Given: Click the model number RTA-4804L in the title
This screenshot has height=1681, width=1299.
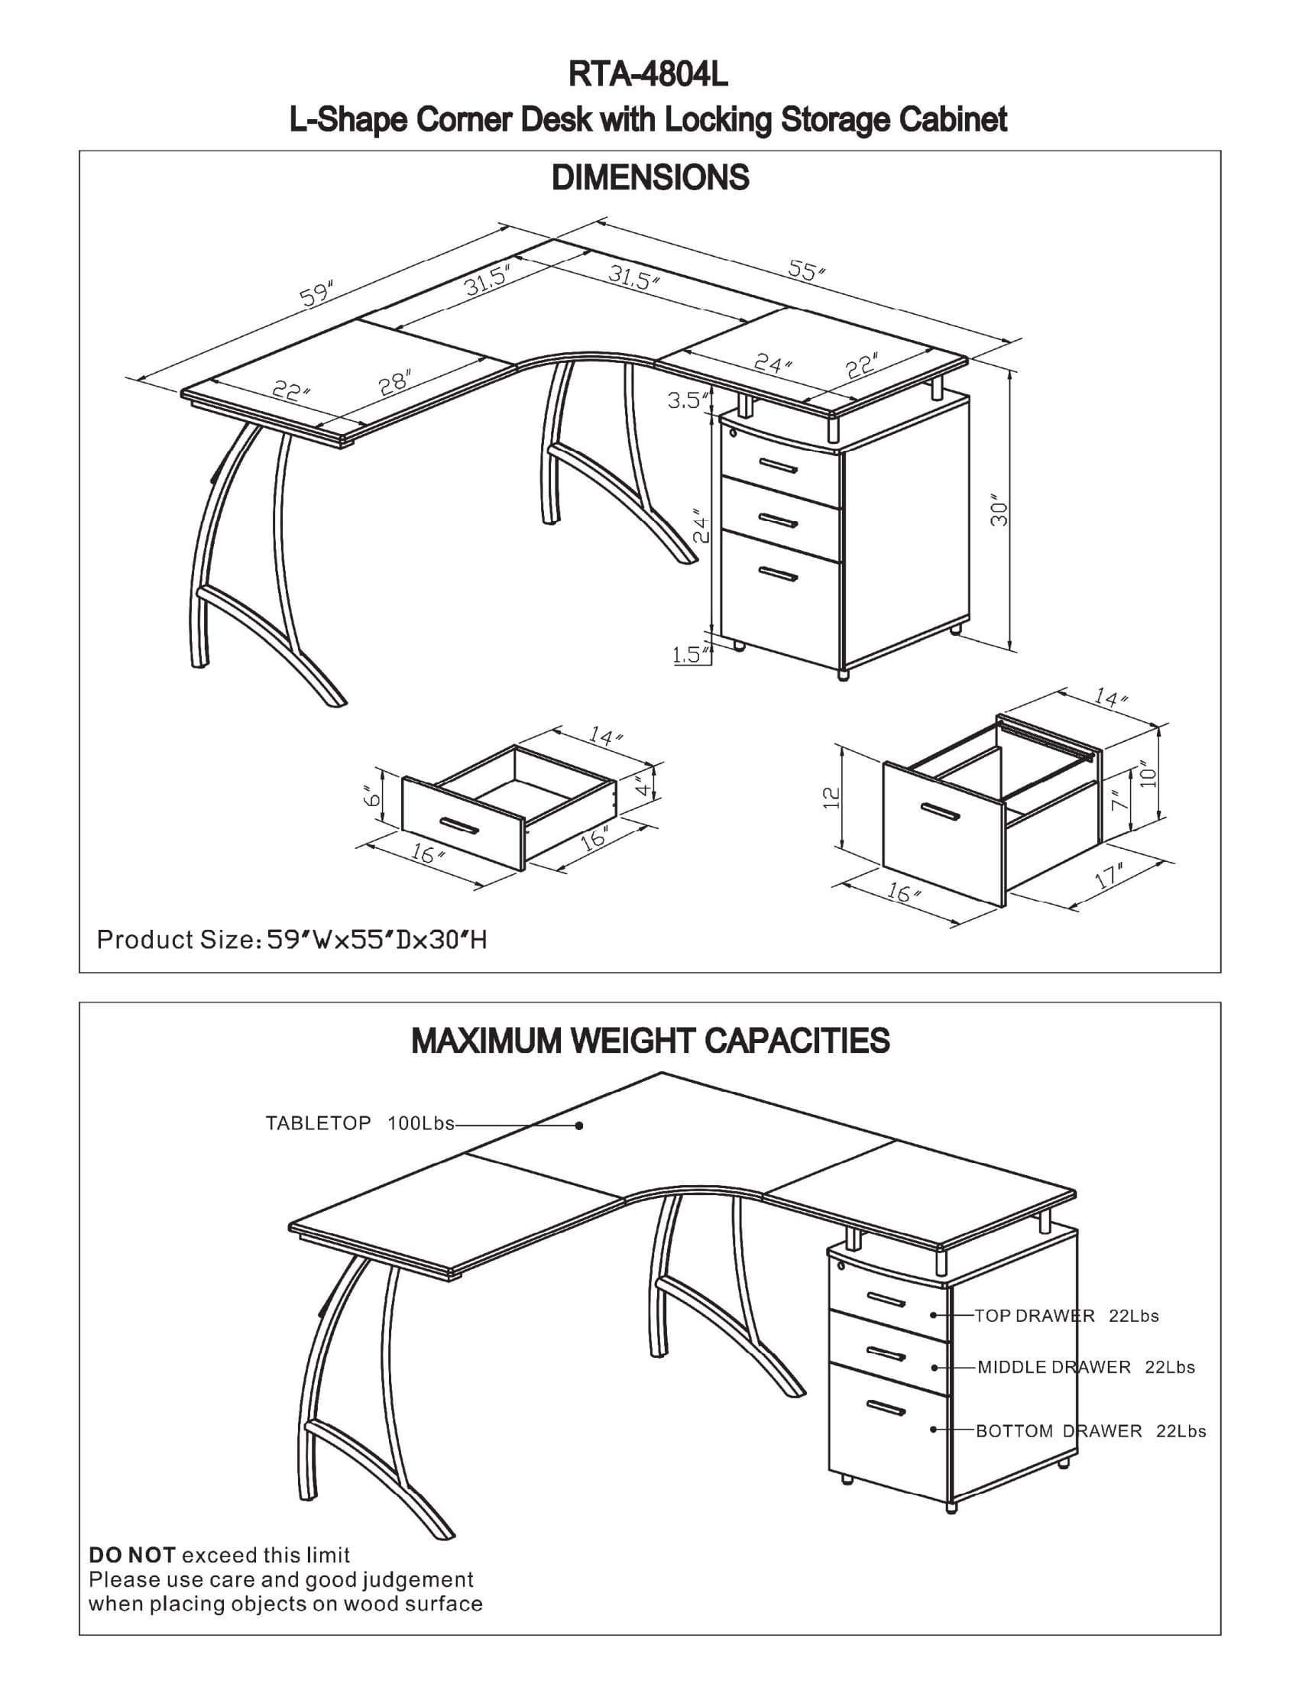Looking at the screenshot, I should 648,76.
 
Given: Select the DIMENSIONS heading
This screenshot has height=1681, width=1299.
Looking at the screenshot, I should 650,178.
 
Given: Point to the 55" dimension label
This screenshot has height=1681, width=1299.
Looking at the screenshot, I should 806,270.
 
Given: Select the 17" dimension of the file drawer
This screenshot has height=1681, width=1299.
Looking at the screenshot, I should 1110,876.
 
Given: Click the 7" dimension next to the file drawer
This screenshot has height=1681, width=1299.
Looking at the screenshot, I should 1118,801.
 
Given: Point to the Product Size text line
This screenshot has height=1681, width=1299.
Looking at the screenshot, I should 292,940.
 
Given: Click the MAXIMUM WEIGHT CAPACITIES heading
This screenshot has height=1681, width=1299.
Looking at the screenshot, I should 650,1041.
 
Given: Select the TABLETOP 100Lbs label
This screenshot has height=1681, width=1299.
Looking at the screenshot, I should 360,1123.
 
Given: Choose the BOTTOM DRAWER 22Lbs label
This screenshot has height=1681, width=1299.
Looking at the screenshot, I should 1090,1431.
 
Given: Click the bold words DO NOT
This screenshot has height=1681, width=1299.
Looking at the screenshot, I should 131,1555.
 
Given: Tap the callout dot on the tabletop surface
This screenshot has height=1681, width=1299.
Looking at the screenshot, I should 579,1126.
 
